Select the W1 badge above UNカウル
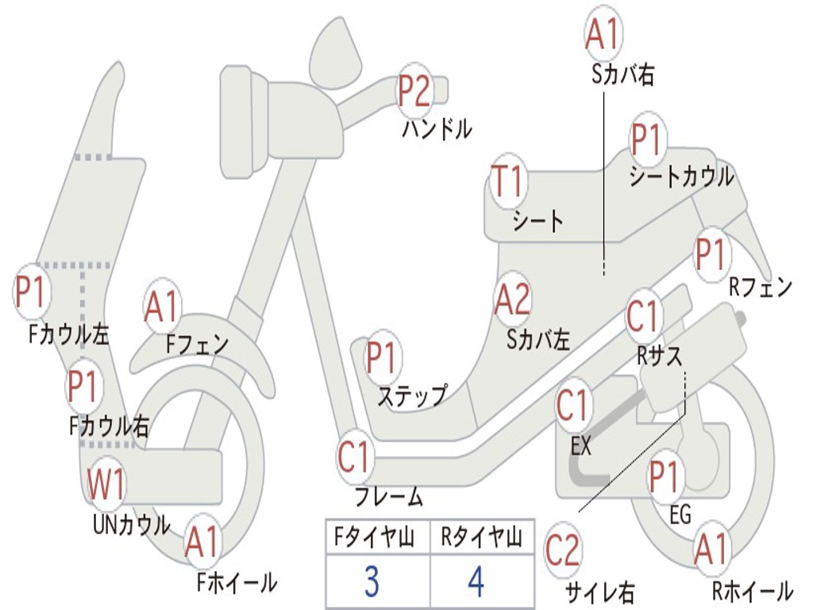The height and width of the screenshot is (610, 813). [x=106, y=485]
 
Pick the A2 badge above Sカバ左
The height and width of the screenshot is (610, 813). [x=511, y=299]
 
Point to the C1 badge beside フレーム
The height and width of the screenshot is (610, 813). [x=355, y=458]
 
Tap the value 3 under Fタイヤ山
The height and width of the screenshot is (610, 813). [x=371, y=582]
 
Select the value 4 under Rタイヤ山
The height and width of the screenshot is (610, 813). [x=476, y=582]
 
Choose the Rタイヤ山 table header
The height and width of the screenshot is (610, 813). [x=481, y=539]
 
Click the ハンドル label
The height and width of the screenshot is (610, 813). [x=436, y=128]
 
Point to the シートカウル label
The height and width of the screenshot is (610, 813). [x=681, y=177]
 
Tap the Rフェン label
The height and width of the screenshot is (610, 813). [x=761, y=288]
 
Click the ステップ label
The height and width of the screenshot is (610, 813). [x=411, y=396]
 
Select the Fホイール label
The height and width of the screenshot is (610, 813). [x=237, y=583]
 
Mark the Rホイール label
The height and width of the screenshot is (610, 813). [x=752, y=590]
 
